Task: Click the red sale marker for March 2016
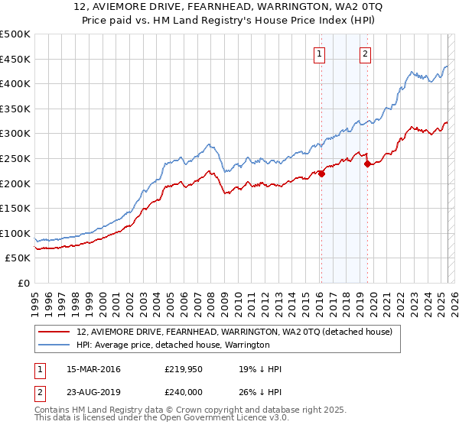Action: point(321,173)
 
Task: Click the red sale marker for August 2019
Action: point(367,164)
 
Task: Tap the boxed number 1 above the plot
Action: point(318,53)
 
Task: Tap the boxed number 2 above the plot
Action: point(366,53)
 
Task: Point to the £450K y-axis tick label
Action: point(15,59)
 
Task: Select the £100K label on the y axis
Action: point(15,233)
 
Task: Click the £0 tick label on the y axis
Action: point(24,283)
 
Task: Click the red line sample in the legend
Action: point(55,332)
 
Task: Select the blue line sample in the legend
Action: point(55,345)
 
